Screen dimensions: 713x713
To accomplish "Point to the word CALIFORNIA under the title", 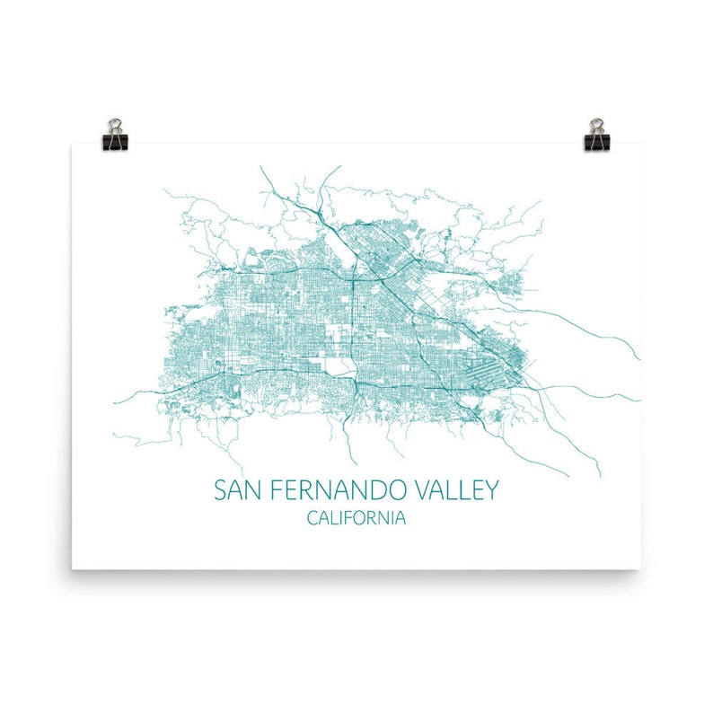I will coord(356,518).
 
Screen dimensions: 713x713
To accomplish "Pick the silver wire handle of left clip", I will coord(116,124).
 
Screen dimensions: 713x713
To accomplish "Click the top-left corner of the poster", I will coord(73,145).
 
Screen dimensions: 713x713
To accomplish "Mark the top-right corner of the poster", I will coord(641,145).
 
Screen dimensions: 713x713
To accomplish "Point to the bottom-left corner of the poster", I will coord(73,568).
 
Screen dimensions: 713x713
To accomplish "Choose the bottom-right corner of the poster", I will coord(641,568).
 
